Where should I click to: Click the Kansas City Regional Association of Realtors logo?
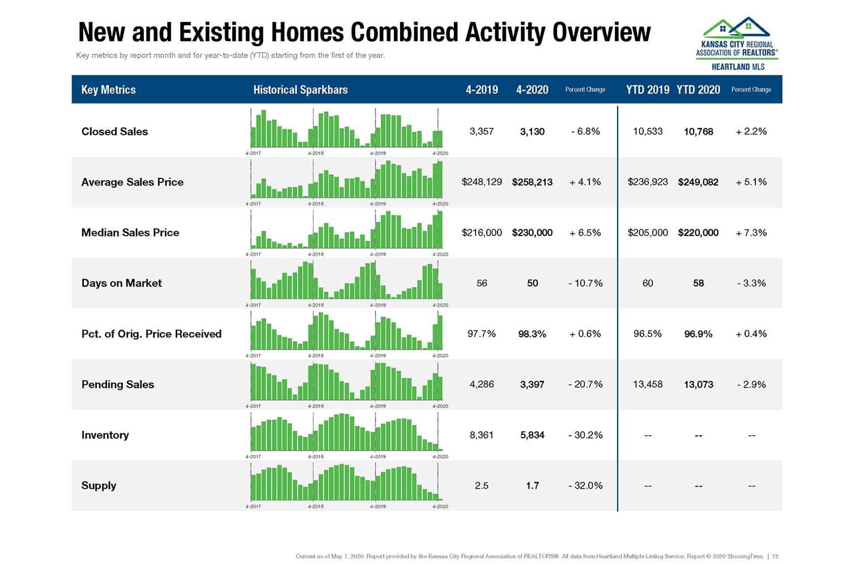click(737, 44)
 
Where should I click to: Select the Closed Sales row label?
click(114, 131)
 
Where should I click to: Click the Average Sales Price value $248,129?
click(482, 182)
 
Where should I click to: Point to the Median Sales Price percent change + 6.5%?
click(585, 233)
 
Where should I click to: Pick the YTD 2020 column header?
click(698, 89)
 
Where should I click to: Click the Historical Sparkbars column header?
click(300, 89)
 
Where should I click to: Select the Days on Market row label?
click(121, 283)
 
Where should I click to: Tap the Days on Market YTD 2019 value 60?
click(648, 283)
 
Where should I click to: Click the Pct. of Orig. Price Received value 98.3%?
click(532, 334)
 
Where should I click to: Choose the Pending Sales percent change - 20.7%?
click(585, 384)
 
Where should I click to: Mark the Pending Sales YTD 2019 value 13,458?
click(648, 384)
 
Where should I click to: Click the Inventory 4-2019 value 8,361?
click(482, 435)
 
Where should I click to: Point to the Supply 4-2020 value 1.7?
click(532, 486)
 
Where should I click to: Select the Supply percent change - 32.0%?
click(585, 486)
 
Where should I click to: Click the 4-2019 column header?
click(482, 89)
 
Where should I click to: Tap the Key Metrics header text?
click(108, 89)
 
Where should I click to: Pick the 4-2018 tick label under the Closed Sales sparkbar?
click(316, 153)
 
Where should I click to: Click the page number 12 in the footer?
click(775, 556)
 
